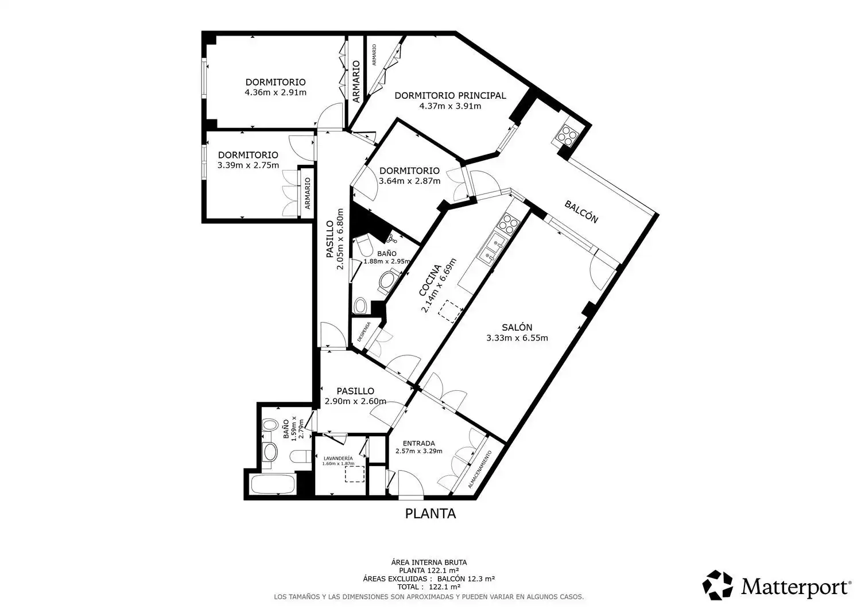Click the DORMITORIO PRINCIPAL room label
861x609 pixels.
[x=450, y=95]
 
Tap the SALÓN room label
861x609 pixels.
[x=517, y=327]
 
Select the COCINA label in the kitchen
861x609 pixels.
[x=430, y=280]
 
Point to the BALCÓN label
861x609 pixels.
[x=581, y=211]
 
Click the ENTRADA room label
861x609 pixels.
[x=418, y=443]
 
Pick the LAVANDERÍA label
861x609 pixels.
[x=338, y=458]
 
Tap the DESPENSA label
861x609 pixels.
[x=363, y=332]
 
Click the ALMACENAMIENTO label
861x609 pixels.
[x=480, y=469]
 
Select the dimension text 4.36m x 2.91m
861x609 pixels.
[x=276, y=92]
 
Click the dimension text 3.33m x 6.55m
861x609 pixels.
[x=517, y=338]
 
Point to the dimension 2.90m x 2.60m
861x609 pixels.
[x=355, y=401]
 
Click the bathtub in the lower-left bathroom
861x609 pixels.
[x=273, y=484]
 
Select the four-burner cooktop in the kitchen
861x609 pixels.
[x=510, y=223]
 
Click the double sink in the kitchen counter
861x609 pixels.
[x=491, y=249]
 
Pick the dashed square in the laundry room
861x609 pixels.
[x=354, y=474]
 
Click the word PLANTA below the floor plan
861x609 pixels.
[x=430, y=514]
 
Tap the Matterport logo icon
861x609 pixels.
[x=717, y=585]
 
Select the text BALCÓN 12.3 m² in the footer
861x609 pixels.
[x=466, y=579]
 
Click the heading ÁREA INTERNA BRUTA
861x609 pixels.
[x=429, y=563]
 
